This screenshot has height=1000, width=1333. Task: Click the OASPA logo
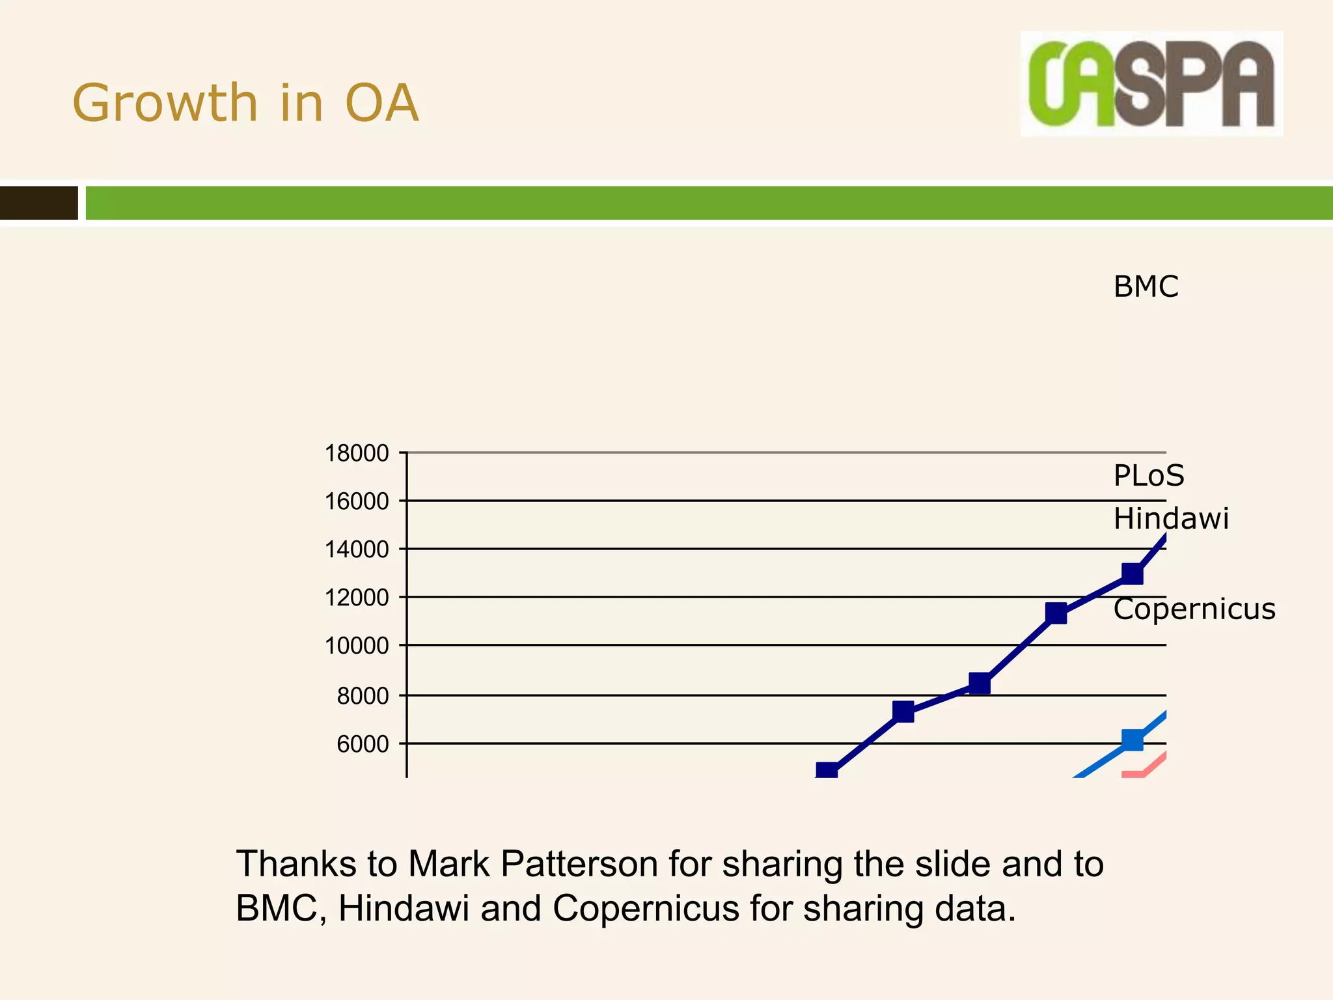[x=1151, y=83]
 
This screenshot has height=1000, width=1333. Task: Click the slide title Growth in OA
[x=245, y=103]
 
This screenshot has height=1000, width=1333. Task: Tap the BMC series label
[x=1146, y=286]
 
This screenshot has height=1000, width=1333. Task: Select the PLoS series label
[x=1149, y=475]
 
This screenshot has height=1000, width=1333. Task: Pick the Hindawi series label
[x=1170, y=519]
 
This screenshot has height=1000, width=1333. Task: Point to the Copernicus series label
[x=1194, y=609]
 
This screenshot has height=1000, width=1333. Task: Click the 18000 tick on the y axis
[x=357, y=453]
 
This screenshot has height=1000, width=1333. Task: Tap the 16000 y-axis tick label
[x=357, y=501]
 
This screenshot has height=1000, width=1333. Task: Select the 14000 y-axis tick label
[x=357, y=549]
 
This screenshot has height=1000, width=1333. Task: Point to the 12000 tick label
[x=357, y=597]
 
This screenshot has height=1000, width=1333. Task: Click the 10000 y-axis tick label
[x=357, y=646]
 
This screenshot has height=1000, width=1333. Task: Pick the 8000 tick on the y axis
[x=363, y=696]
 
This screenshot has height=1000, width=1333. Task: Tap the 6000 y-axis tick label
[x=363, y=744]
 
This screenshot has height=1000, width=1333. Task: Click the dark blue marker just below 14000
[x=1133, y=574]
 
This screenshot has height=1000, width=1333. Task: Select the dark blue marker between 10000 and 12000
[x=1056, y=613]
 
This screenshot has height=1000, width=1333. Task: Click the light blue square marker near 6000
[x=1133, y=740]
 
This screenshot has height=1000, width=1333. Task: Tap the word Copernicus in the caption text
[x=646, y=908]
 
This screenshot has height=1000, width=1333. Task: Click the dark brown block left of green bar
[x=38, y=203]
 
